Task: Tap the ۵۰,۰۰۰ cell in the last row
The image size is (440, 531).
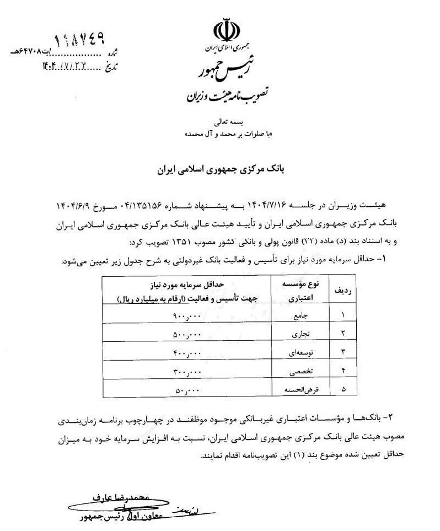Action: click(188, 389)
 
